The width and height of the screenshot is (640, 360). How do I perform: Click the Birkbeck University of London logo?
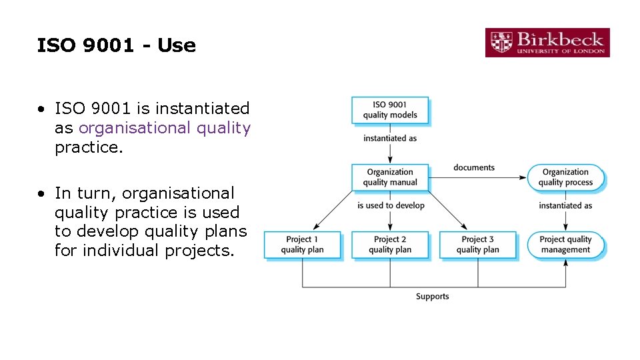pyautogui.click(x=547, y=43)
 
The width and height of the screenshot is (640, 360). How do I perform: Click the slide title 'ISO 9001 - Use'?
pyautogui.click(x=117, y=46)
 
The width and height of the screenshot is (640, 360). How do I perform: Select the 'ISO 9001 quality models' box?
pyautogui.click(x=390, y=110)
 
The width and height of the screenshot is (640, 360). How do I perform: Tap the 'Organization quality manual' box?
pyautogui.click(x=390, y=177)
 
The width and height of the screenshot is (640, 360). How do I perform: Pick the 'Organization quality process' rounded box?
pyautogui.click(x=565, y=177)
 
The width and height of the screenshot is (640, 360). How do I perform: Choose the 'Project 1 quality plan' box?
pyautogui.click(x=302, y=245)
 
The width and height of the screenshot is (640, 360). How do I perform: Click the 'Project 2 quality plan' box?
pyautogui.click(x=390, y=245)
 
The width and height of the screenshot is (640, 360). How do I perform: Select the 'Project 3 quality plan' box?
pyautogui.click(x=477, y=245)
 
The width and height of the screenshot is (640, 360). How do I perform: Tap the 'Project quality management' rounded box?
pyautogui.click(x=565, y=245)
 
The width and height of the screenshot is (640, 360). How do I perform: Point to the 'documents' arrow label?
pyautogui.click(x=474, y=167)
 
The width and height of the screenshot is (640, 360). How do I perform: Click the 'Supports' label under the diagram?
pyautogui.click(x=432, y=296)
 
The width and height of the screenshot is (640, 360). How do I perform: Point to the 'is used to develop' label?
pyautogui.click(x=391, y=205)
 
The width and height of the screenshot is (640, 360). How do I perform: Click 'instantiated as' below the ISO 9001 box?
pyautogui.click(x=390, y=139)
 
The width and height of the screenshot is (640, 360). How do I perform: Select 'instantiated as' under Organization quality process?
pyautogui.click(x=565, y=205)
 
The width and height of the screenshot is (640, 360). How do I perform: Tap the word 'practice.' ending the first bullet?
pyautogui.click(x=89, y=147)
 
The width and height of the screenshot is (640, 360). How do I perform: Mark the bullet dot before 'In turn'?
pyautogui.click(x=41, y=194)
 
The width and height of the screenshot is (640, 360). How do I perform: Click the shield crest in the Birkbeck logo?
pyautogui.click(x=501, y=43)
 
